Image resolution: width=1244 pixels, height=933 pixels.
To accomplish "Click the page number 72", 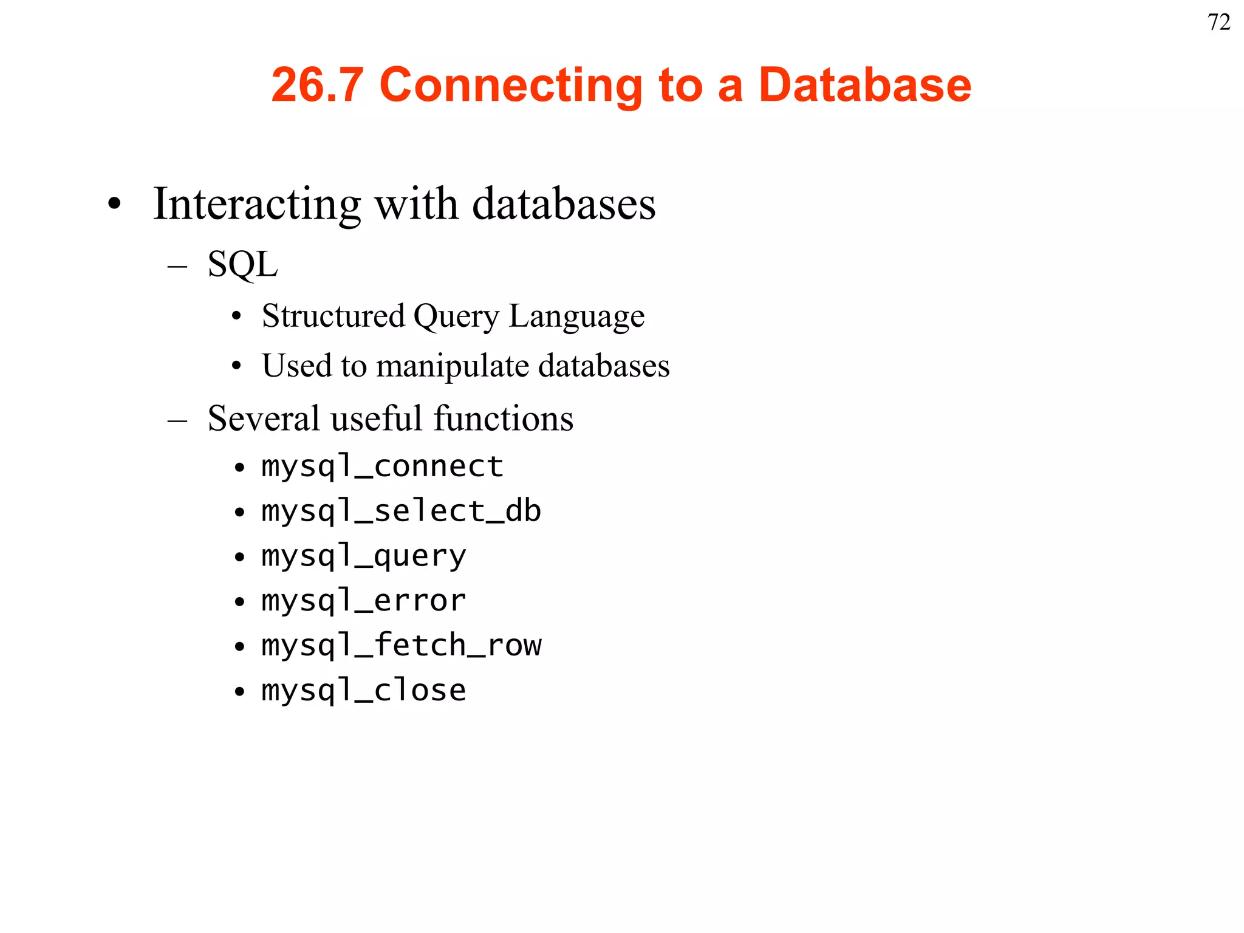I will pyautogui.click(x=1218, y=22).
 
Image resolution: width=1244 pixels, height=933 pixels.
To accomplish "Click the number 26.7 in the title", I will pyautogui.click(x=317, y=84).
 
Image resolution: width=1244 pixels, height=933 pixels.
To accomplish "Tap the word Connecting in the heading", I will pyautogui.click(x=511, y=84).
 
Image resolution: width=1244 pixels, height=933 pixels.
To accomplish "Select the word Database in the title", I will pyautogui.click(x=864, y=84).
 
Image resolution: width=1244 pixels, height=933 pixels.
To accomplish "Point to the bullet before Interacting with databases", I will pyautogui.click(x=114, y=205).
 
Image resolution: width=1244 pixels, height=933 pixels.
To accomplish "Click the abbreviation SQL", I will pyautogui.click(x=242, y=264).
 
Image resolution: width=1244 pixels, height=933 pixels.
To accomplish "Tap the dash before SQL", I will pyautogui.click(x=177, y=265).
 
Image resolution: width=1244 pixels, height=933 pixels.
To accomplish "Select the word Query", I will pyautogui.click(x=456, y=316).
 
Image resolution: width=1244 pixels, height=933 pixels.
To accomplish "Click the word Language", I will pyautogui.click(x=576, y=316).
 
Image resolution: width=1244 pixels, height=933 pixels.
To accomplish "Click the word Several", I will pyautogui.click(x=264, y=419).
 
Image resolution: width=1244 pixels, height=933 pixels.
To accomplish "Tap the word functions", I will pyautogui.click(x=504, y=419).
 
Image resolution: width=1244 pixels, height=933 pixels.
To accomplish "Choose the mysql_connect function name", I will pyautogui.click(x=382, y=466).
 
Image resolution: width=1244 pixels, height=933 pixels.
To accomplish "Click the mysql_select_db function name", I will pyautogui.click(x=401, y=511).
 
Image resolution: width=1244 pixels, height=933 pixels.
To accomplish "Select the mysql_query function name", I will pyautogui.click(x=363, y=556).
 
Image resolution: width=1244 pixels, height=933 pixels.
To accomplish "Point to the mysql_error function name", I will pyautogui.click(x=363, y=601).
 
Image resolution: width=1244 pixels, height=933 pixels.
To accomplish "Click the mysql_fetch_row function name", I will pyautogui.click(x=401, y=645).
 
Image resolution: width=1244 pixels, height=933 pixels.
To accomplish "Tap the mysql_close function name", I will pyautogui.click(x=363, y=690).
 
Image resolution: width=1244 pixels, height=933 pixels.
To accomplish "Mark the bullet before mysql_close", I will pyautogui.click(x=240, y=691).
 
